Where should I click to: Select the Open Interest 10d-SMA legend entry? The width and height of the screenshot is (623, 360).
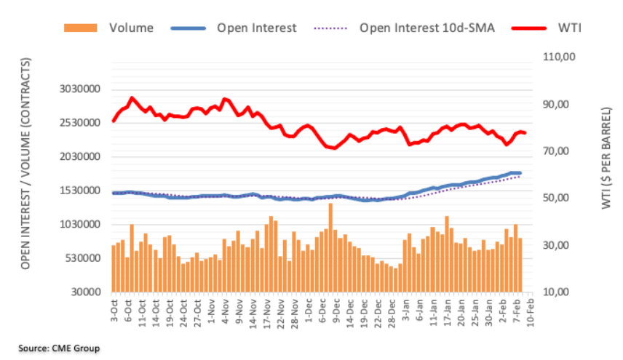pyautogui.click(x=404, y=28)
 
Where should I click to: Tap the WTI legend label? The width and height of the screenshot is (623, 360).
pyautogui.click(x=569, y=28)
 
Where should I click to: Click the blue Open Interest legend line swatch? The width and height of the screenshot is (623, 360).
pyautogui.click(x=189, y=28)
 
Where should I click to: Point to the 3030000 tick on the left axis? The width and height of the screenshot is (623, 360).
pyautogui.click(x=80, y=89)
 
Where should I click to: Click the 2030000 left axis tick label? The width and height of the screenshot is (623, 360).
pyautogui.click(x=80, y=157)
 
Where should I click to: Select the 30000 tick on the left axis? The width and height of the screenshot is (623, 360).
pyautogui.click(x=86, y=292)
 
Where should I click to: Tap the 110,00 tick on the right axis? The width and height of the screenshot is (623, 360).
pyautogui.click(x=559, y=57)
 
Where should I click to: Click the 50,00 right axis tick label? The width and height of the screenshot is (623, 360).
pyautogui.click(x=556, y=198)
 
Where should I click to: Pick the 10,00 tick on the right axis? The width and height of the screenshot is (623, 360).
pyautogui.click(x=556, y=292)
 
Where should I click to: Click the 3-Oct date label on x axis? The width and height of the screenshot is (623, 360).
pyautogui.click(x=114, y=311)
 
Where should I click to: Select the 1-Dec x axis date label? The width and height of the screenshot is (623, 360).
pyautogui.click(x=309, y=311)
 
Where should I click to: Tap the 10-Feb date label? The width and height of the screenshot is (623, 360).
pyautogui.click(x=530, y=313)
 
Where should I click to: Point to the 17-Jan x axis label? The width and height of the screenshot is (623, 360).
pyautogui.click(x=448, y=313)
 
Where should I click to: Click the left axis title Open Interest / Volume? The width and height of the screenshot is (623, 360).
pyautogui.click(x=25, y=164)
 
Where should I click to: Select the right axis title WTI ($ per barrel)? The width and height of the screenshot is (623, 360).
pyautogui.click(x=606, y=158)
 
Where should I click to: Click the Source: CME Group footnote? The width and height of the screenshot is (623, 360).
pyautogui.click(x=59, y=348)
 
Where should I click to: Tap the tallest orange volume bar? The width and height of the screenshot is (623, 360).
pyautogui.click(x=330, y=248)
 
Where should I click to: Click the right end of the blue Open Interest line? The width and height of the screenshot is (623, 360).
pyautogui.click(x=520, y=173)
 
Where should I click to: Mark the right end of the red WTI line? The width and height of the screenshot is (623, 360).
pyautogui.click(x=525, y=133)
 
